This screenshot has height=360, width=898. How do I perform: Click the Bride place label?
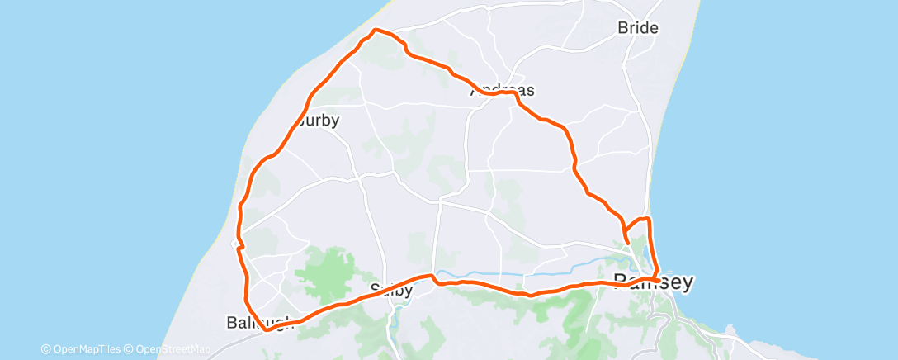638,27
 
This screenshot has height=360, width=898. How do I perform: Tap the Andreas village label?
503,91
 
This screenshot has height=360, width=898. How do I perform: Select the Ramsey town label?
653,282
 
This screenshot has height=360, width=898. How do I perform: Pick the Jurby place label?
314,120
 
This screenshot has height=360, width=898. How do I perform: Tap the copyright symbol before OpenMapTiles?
46,348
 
